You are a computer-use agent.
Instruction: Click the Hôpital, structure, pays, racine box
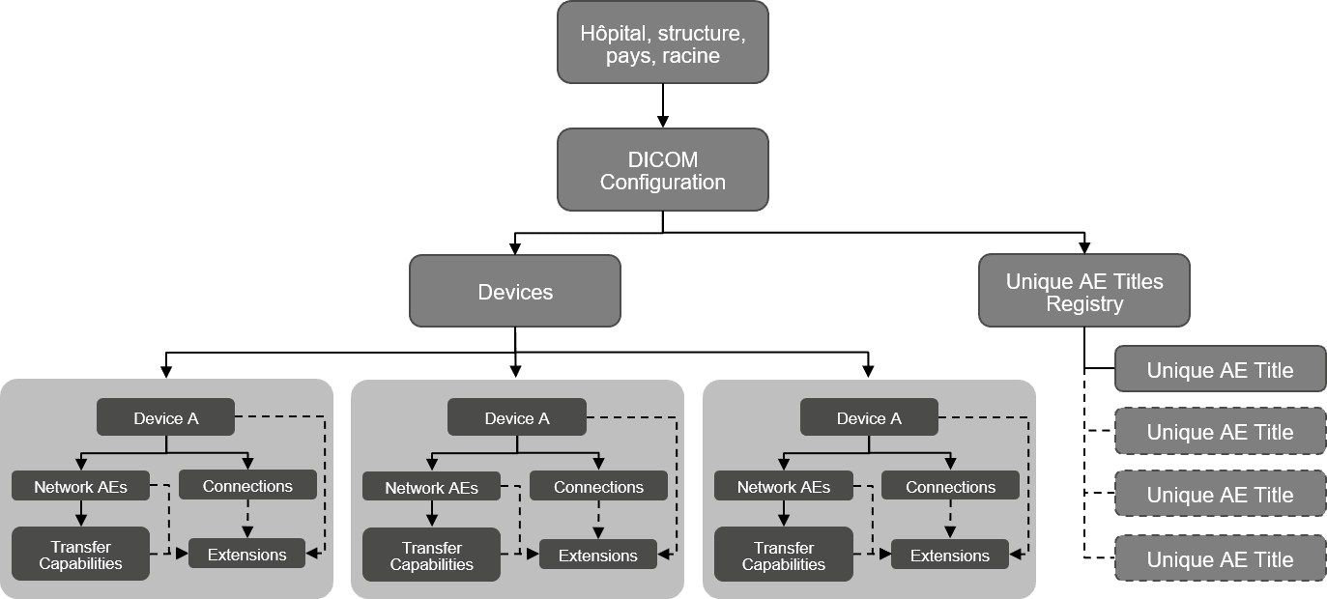pyautogui.click(x=662, y=43)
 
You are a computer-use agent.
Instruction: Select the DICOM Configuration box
pyautogui.click(x=662, y=170)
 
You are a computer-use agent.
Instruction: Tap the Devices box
pyautogui.click(x=515, y=291)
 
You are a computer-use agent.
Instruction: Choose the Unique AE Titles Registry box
pyautogui.click(x=1083, y=291)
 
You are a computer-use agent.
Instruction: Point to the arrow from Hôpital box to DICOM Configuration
pyautogui.click(x=662, y=106)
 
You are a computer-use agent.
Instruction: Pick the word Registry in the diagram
pyautogui.click(x=1083, y=304)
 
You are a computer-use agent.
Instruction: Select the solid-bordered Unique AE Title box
pyautogui.click(x=1220, y=370)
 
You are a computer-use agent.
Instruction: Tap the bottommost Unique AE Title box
pyautogui.click(x=1220, y=559)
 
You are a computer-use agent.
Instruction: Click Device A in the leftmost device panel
pyautogui.click(x=165, y=417)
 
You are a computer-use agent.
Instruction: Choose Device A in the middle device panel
pyautogui.click(x=517, y=417)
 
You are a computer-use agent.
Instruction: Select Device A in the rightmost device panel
pyautogui.click(x=869, y=417)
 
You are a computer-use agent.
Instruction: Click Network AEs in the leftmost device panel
pyautogui.click(x=81, y=487)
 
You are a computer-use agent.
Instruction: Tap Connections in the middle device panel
pyautogui.click(x=598, y=487)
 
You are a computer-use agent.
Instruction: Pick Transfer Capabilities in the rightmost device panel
pyautogui.click(x=783, y=555)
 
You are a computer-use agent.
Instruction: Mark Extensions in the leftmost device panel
pyautogui.click(x=246, y=555)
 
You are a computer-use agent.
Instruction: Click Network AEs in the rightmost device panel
pyautogui.click(x=783, y=487)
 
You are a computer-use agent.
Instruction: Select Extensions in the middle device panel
pyautogui.click(x=597, y=556)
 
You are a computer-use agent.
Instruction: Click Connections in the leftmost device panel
pyautogui.click(x=247, y=486)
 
